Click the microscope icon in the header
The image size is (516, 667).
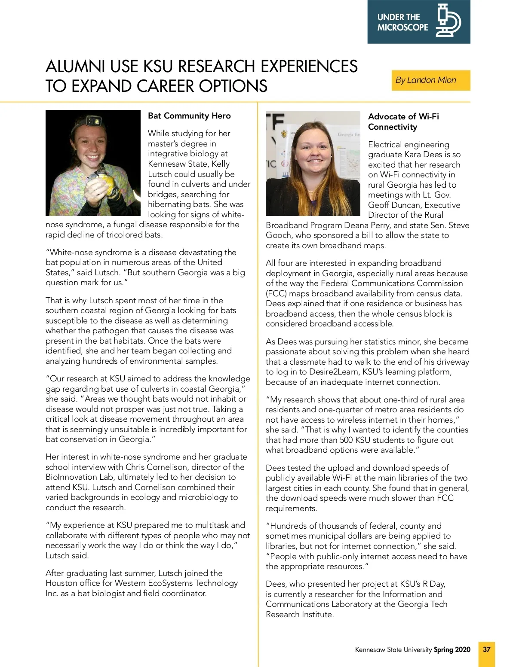click(x=448, y=21)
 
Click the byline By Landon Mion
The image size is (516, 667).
click(x=426, y=80)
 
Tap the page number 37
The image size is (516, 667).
click(x=486, y=649)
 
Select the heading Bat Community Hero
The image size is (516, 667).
click(x=189, y=116)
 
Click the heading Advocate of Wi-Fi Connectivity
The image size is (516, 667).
click(x=403, y=122)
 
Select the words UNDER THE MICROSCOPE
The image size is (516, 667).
click(x=402, y=22)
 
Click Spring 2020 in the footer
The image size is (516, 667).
click(x=452, y=649)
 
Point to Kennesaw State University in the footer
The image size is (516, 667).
click(x=393, y=649)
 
